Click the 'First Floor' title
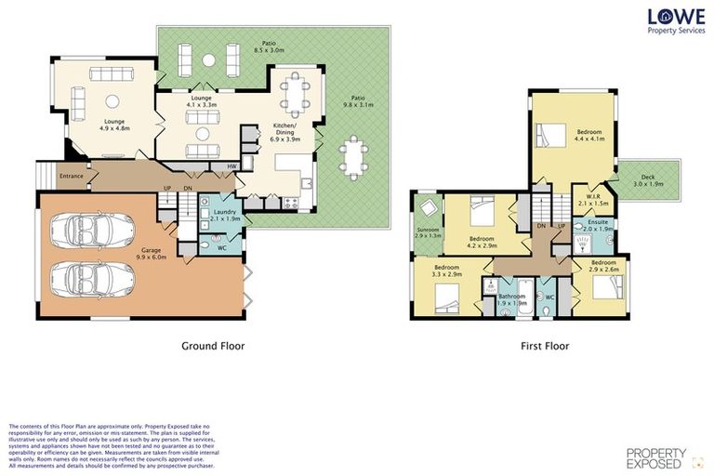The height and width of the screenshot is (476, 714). point(544,345)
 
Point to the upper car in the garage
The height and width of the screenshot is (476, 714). point(90,228)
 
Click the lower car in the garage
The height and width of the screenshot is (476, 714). point(90,275)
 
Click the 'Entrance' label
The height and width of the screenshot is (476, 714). point(72,176)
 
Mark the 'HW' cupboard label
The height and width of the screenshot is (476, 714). point(232,167)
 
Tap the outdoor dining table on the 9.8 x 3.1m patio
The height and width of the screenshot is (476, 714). point(353,157)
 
